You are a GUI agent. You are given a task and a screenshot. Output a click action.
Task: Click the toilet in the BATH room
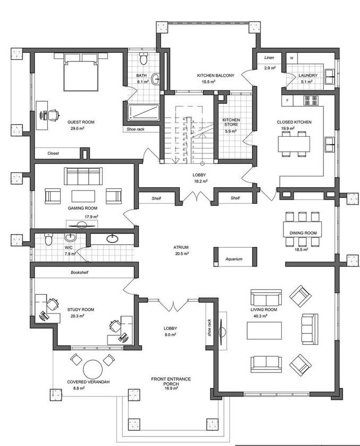(144, 59)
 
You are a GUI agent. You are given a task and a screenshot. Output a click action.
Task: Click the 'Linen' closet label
(269, 57)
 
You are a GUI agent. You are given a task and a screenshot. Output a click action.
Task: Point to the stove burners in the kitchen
(311, 101)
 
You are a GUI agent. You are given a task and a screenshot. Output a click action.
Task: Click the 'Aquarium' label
(234, 259)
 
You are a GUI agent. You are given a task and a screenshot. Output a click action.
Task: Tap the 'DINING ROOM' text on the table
(303, 233)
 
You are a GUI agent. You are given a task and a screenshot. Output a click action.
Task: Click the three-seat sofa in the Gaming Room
(83, 176)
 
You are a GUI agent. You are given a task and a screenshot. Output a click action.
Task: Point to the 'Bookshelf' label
(80, 272)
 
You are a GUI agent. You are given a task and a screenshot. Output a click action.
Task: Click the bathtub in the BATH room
(144, 112)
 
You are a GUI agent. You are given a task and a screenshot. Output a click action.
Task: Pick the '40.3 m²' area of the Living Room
(261, 316)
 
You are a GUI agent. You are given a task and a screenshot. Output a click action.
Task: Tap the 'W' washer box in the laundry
(291, 58)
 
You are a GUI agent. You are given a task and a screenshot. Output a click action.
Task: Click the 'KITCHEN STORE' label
(231, 122)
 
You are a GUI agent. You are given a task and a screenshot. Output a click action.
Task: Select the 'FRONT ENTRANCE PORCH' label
(171, 381)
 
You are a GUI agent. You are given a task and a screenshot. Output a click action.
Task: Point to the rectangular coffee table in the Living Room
(264, 331)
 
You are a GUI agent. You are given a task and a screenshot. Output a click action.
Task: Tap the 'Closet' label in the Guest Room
(53, 153)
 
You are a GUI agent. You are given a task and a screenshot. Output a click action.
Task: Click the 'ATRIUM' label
(181, 247)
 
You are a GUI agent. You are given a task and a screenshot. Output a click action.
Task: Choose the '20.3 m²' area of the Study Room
(77, 316)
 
